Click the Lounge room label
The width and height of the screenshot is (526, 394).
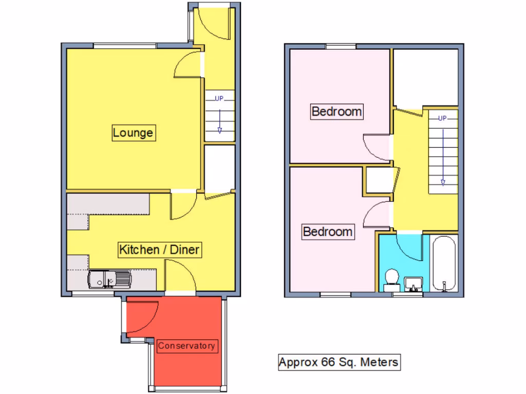point(133,133)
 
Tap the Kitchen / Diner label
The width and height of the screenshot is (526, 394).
point(159,250)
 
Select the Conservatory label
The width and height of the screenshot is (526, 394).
point(186,346)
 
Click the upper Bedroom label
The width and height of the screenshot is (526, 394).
point(337,111)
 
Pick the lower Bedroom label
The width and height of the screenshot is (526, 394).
point(328,231)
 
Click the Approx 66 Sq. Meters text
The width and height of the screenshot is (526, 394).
point(339,362)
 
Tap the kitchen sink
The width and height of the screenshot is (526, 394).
point(109,280)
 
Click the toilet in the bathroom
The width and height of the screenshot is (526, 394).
point(392,278)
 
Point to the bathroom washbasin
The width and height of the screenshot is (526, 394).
point(414,283)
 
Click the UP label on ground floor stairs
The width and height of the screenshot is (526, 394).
point(219,98)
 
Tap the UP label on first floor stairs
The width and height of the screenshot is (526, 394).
point(442,118)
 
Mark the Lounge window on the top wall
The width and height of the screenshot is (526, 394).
point(124,46)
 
